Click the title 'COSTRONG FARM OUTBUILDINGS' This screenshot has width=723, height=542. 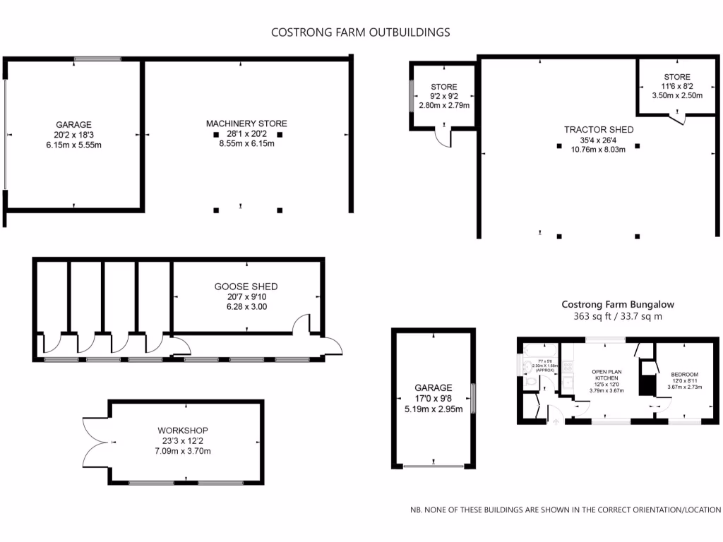click(361, 32)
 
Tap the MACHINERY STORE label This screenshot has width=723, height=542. click(246, 124)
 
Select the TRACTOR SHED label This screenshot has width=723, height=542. click(598, 129)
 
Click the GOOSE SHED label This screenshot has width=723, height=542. click(246, 287)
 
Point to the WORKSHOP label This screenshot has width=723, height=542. click(183, 430)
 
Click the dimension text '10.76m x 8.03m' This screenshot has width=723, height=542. click(598, 149)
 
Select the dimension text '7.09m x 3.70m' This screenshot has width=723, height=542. click(184, 451)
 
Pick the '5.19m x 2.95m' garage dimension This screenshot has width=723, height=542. click(433, 409)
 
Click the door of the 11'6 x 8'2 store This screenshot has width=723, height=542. click(679, 119)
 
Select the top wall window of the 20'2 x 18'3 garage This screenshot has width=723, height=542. click(97, 59)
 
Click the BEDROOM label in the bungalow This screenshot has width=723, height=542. click(683, 374)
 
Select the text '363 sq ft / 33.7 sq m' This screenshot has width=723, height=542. click(618, 317)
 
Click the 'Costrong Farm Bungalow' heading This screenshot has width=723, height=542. click(618, 304)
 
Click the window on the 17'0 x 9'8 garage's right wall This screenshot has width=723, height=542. click(473, 399)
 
